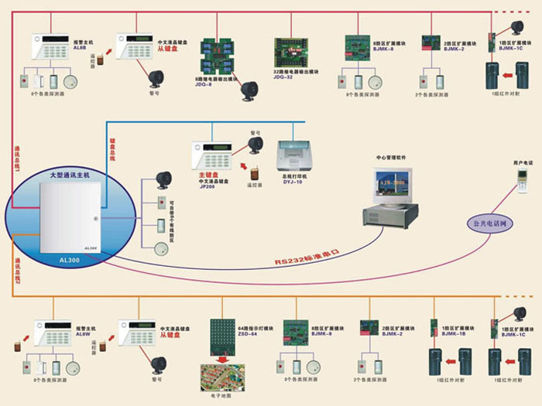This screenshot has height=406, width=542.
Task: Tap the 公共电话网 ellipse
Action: [489, 223]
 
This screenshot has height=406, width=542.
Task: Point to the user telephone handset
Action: [523, 181]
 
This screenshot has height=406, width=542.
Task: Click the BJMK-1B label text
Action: [453, 334]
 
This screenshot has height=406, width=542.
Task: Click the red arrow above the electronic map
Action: [225, 359]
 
